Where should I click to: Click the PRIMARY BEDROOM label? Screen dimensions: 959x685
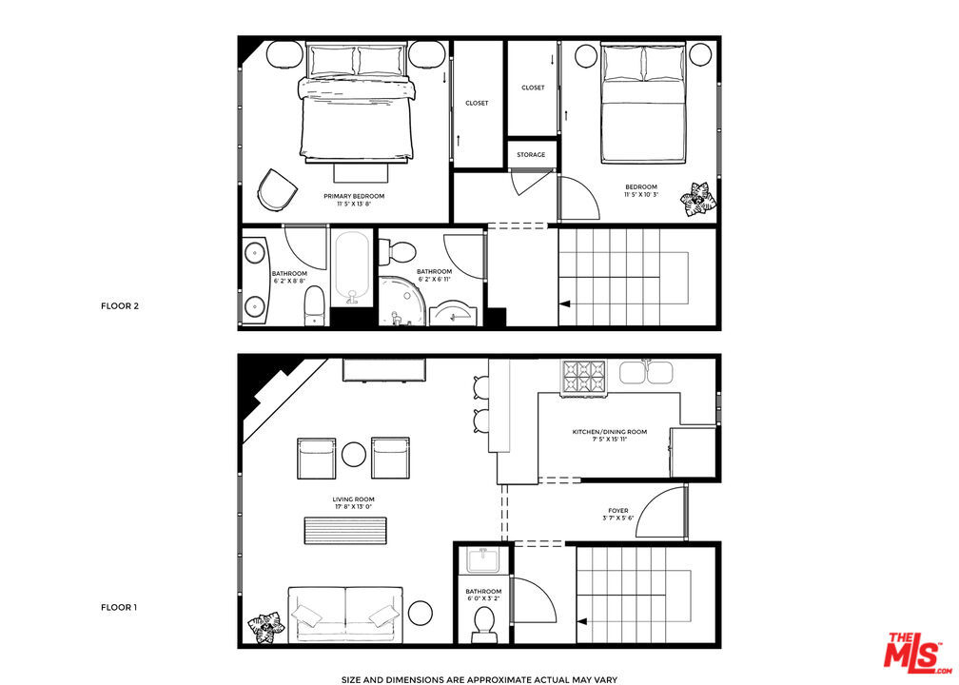pos(354,196)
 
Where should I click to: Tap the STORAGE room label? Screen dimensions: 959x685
pos(531,155)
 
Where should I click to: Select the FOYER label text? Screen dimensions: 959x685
pos(618,511)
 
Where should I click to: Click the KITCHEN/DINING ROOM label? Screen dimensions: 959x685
pos(609,432)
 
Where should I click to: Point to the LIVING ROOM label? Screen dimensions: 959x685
pos(354,499)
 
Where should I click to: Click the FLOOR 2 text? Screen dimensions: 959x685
pos(120,305)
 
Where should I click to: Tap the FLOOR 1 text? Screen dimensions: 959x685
pos(119,607)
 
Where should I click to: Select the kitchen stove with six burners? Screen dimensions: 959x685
pos(584,378)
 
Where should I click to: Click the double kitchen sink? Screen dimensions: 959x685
pos(647,372)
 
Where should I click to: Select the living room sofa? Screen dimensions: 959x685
pos(345,614)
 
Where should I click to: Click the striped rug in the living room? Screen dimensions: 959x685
pos(345,530)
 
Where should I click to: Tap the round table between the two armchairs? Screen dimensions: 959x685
pos(354,455)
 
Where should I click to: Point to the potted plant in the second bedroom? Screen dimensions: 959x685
pos(697,200)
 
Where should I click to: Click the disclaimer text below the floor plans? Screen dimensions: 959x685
pos(479,679)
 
